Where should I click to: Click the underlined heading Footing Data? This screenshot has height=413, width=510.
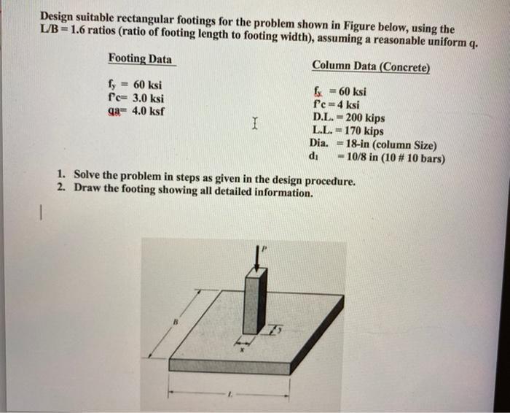[141, 58]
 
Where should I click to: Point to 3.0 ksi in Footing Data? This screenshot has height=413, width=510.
[146, 99]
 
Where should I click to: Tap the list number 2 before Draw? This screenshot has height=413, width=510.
[60, 188]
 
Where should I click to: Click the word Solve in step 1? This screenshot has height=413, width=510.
[89, 176]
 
